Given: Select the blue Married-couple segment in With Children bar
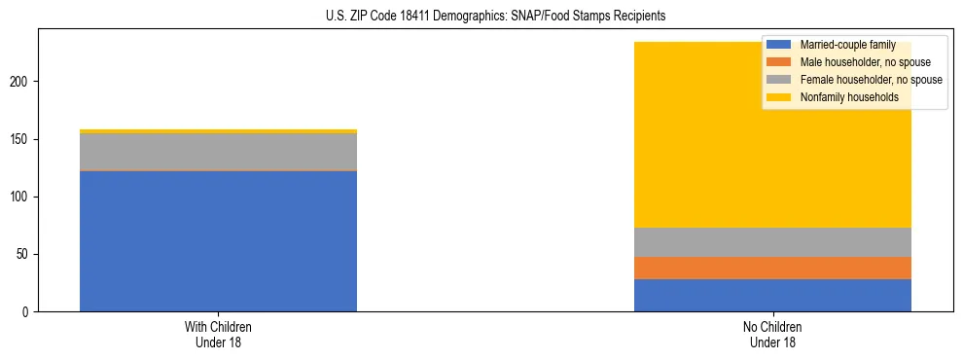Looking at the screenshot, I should click(218, 241).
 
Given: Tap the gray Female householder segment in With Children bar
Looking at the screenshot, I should click(218, 152).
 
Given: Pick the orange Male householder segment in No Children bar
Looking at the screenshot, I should click(772, 268).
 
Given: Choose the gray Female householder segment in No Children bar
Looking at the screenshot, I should click(772, 242).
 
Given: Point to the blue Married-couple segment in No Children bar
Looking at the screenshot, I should click(772, 295).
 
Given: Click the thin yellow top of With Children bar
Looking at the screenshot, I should click(218, 130).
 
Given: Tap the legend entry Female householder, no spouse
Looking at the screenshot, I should click(870, 80).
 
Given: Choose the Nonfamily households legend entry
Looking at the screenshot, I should click(848, 97).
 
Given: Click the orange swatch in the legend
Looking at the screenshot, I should click(778, 62).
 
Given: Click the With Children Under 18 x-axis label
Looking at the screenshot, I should click(218, 335).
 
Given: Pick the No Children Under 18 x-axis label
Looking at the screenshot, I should click(772, 335).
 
